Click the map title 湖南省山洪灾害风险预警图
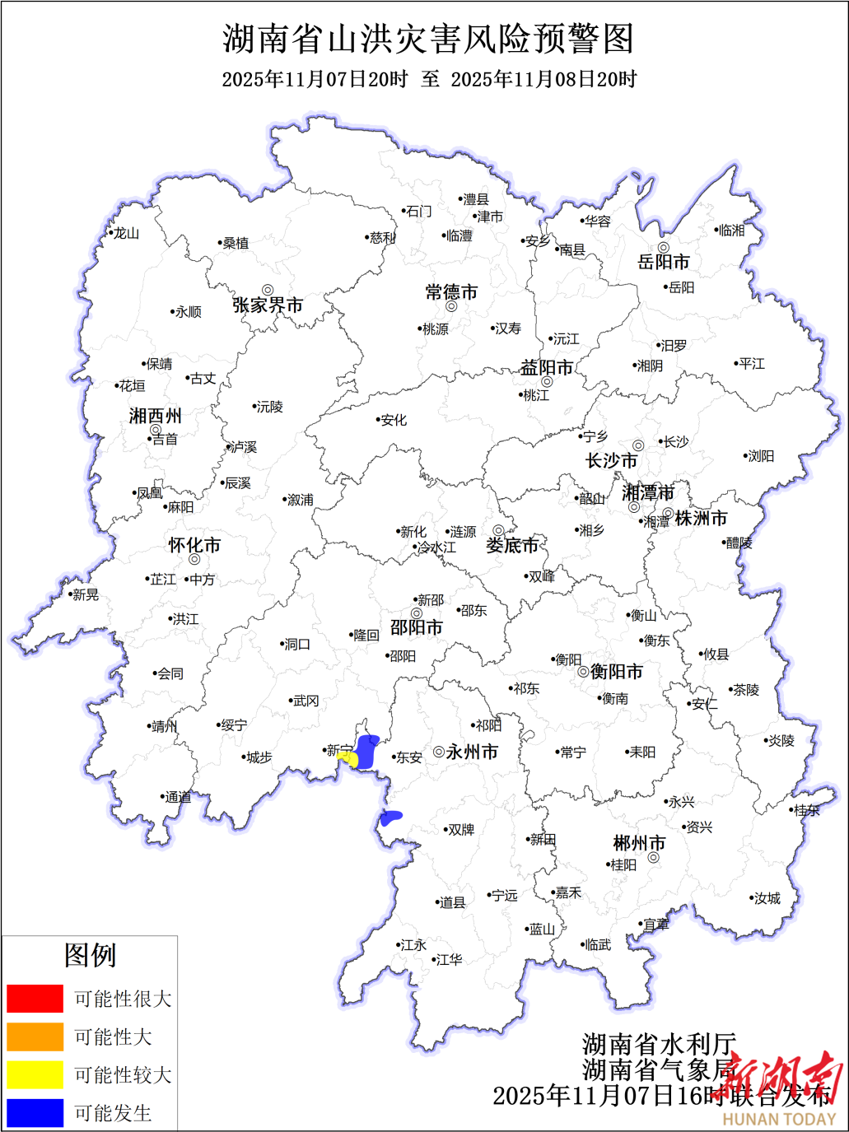428,39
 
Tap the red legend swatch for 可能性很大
35,999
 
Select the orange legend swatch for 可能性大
35,1037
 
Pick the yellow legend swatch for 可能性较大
35,1074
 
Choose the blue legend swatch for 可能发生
35,1112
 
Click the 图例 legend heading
90,955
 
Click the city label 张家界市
268,305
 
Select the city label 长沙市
611,461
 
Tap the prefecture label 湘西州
155,417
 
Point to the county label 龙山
126,234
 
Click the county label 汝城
767,898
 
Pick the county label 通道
178,797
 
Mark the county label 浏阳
761,456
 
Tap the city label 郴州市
639,844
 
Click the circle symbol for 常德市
451,307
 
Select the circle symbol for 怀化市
194,560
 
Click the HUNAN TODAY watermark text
779,1119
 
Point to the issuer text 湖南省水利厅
659,1044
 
